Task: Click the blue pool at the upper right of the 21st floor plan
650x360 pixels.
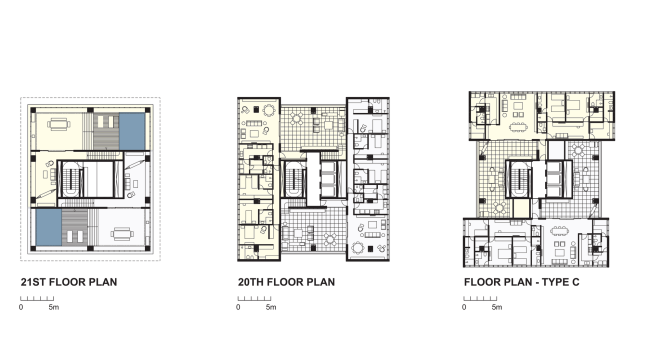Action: click(132, 131)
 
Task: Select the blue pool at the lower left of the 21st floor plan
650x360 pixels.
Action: click(49, 227)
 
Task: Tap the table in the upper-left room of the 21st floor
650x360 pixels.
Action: click(59, 124)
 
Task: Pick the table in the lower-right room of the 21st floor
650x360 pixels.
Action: click(122, 234)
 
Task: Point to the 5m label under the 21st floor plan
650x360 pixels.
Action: click(54, 307)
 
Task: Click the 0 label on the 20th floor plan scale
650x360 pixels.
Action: click(238, 307)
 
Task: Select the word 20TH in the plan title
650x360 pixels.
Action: click(251, 282)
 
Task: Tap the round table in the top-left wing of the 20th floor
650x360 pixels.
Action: click(269, 110)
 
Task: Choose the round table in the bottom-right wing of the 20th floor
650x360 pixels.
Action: click(357, 248)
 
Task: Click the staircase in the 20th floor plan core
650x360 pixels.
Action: click(294, 180)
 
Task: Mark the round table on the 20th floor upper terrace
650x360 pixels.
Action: click(297, 119)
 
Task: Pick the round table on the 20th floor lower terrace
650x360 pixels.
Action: click(330, 239)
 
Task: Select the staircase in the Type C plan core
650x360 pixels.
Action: click(519, 179)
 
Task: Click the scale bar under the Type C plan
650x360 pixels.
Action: click(480, 298)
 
